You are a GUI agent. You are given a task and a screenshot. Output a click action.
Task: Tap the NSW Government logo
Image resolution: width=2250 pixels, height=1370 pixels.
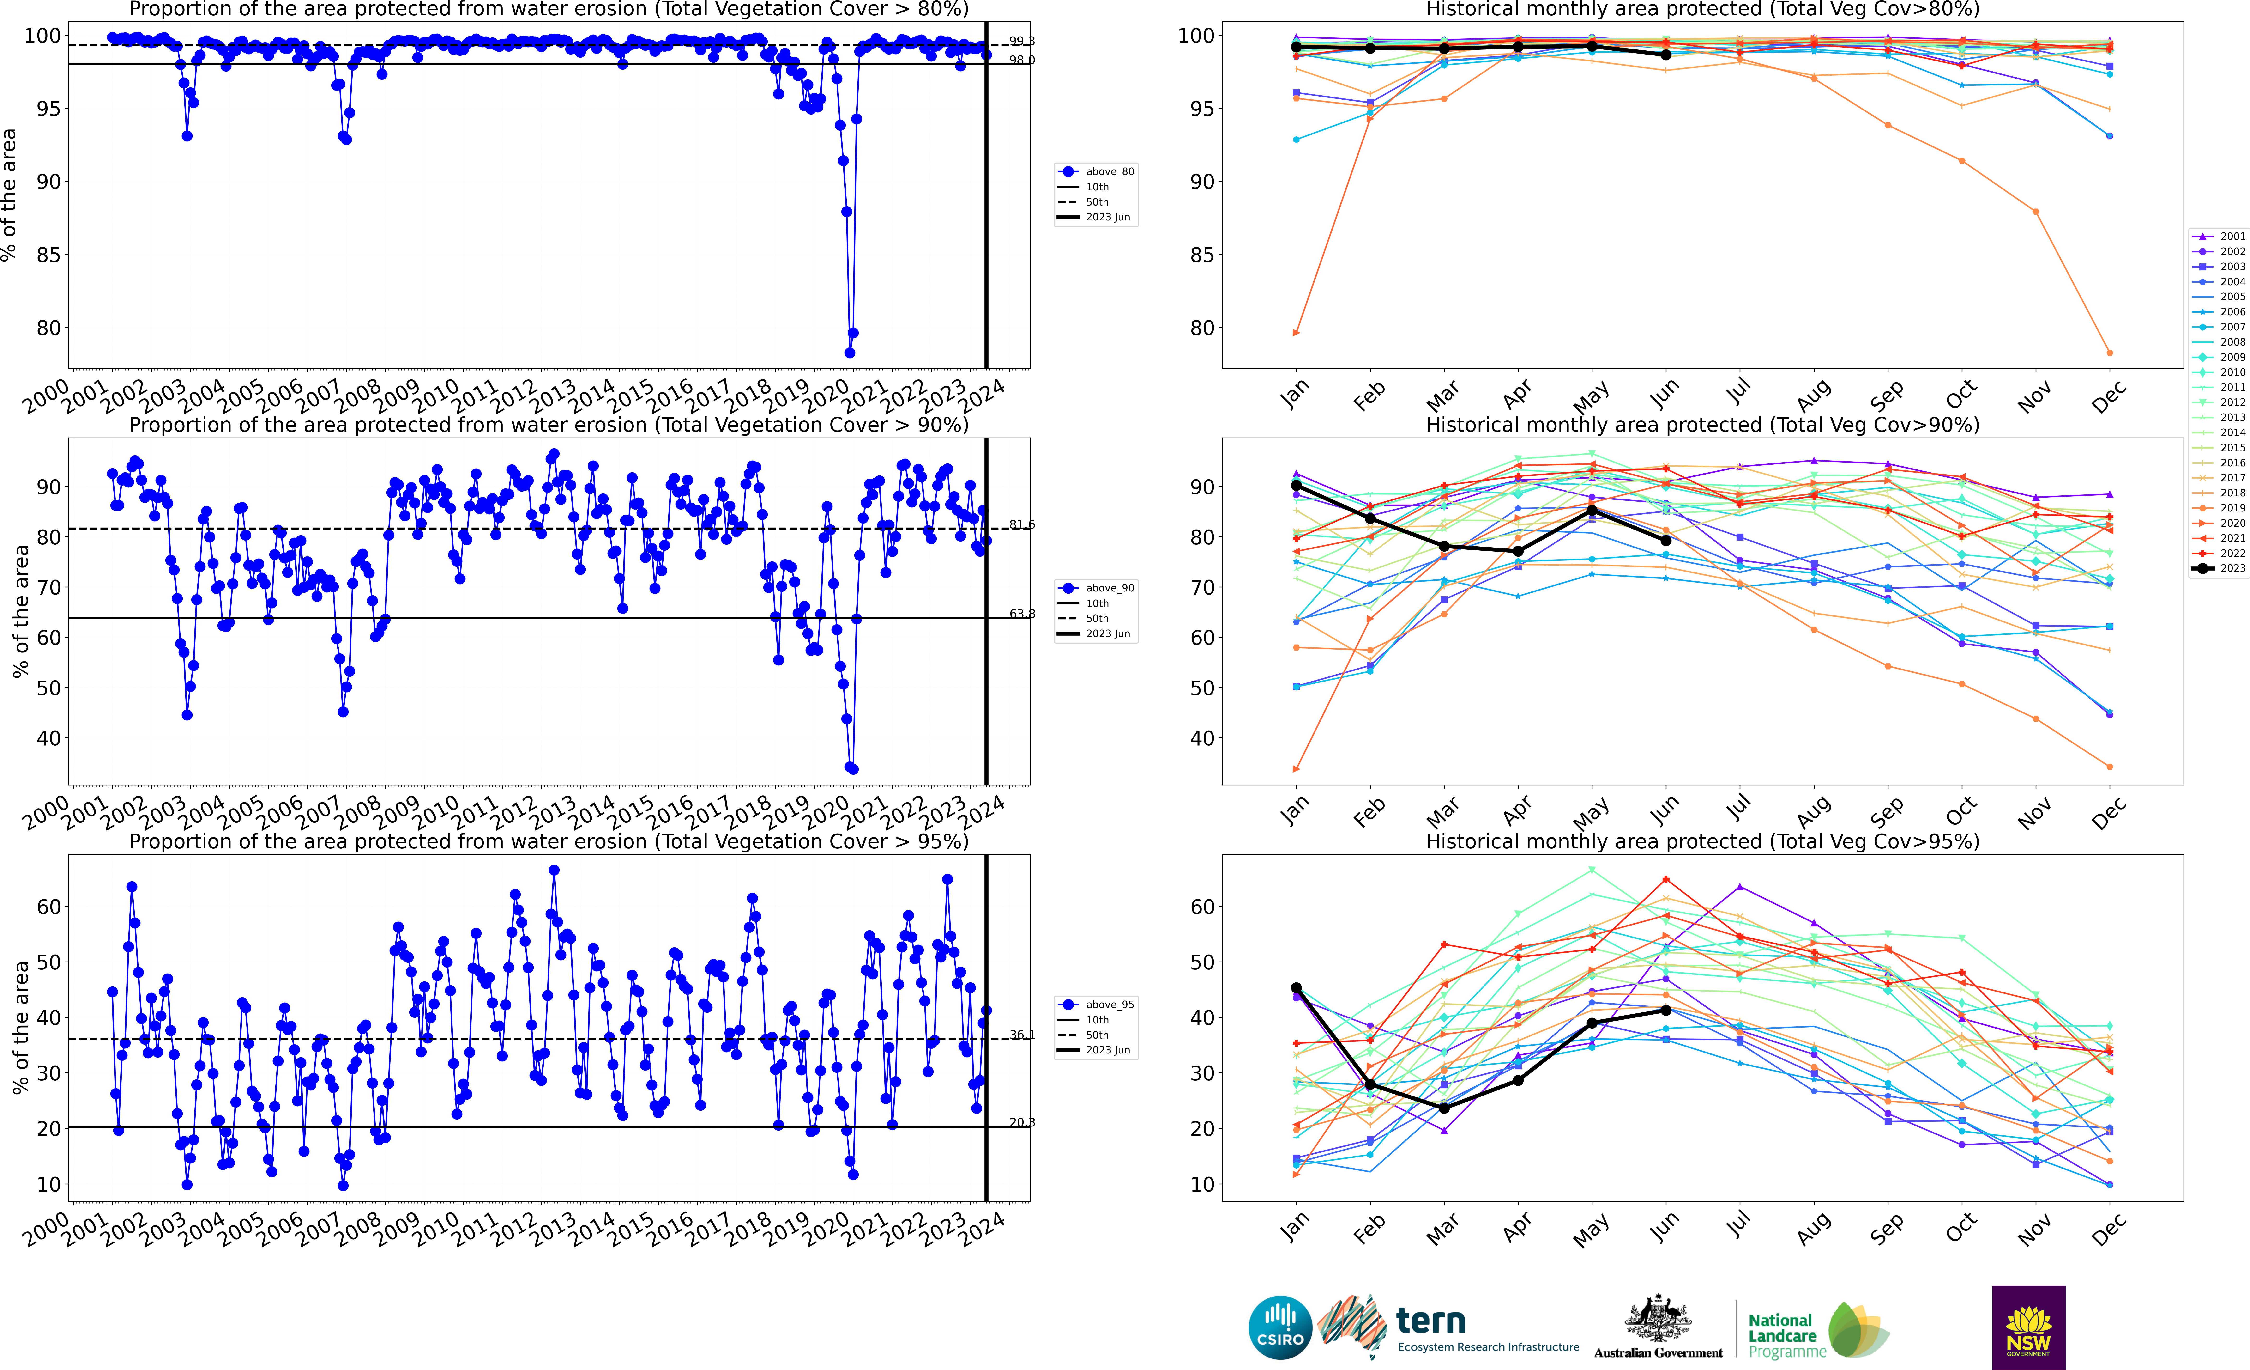coord(2028,1327)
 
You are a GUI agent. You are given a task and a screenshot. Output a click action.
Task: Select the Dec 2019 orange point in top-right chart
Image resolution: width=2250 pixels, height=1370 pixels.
coord(2109,353)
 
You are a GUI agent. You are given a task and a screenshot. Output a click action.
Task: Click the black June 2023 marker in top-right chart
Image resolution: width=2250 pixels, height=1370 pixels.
coord(1665,55)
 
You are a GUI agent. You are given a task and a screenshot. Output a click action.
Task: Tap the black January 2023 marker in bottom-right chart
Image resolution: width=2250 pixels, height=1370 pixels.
coord(1296,988)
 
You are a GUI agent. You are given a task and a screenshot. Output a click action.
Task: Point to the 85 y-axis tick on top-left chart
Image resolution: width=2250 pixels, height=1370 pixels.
coord(48,255)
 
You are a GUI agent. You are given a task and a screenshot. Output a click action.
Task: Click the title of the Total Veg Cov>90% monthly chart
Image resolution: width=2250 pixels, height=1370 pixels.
coord(1702,425)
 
